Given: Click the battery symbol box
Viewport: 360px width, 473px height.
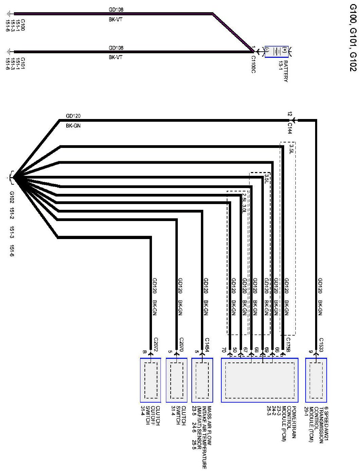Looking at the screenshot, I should (x=276, y=52).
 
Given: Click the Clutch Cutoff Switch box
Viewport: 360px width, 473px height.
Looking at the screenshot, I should (x=151, y=380).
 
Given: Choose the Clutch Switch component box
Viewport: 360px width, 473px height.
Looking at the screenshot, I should (x=176, y=380).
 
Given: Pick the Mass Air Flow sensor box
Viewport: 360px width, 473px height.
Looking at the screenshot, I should (x=202, y=380).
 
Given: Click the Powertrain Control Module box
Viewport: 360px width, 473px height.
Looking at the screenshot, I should (x=260, y=380).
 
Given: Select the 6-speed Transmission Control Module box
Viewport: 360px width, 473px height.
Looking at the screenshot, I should (x=316, y=380).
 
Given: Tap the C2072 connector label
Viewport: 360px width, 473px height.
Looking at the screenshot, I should (x=156, y=344).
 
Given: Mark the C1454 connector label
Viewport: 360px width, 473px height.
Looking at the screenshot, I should (x=207, y=344).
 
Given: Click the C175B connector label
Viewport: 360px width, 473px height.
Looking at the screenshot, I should (x=288, y=344).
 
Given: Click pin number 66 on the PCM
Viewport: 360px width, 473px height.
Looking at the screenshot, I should (x=277, y=349).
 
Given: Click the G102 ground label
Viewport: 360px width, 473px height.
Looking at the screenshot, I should (x=12, y=197).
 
